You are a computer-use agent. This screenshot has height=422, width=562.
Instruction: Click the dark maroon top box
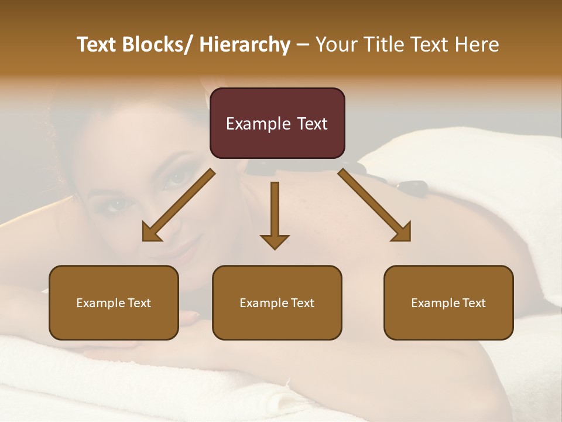point(277,123)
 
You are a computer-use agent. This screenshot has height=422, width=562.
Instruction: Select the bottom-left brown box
point(114,302)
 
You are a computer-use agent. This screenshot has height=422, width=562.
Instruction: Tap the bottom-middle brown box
point(277,302)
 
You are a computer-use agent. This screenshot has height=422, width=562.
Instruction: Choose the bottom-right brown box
point(448,302)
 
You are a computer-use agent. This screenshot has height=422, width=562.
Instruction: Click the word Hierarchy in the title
point(245,45)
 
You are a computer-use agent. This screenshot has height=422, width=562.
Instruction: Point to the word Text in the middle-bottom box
point(302,303)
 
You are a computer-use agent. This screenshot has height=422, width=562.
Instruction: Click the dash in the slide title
point(303,46)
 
